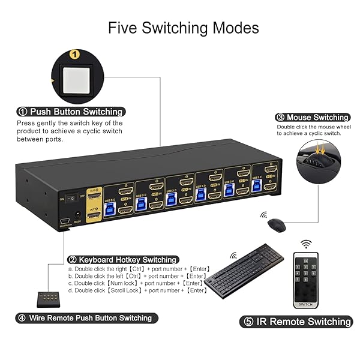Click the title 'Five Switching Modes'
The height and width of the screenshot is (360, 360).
pyautogui.click(x=183, y=28)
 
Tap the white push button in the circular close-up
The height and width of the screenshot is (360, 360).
pyautogui.click(x=74, y=79)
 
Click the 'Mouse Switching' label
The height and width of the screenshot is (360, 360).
pyautogui.click(x=312, y=118)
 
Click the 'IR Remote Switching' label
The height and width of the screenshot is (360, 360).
pyautogui.click(x=296, y=322)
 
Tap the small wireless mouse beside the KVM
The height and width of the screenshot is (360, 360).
pyautogui.click(x=276, y=225)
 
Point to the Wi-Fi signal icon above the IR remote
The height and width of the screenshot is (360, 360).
pyautogui.click(x=307, y=244)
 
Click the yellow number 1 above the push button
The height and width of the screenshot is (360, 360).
pyautogui.click(x=75, y=55)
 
